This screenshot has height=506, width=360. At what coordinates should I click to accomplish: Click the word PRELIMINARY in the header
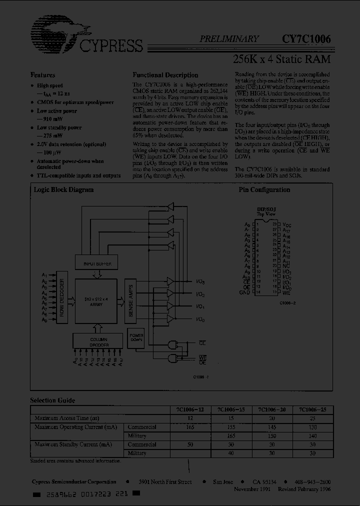229,38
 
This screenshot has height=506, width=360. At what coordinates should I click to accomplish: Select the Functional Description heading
165,75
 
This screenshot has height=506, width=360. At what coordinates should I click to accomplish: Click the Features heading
43,75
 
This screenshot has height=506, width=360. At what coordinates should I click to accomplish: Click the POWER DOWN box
136,338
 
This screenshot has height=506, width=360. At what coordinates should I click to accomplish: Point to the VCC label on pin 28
286,225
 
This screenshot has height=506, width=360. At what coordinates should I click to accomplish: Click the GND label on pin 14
244,292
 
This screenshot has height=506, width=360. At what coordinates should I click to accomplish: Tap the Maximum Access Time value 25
312,418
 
